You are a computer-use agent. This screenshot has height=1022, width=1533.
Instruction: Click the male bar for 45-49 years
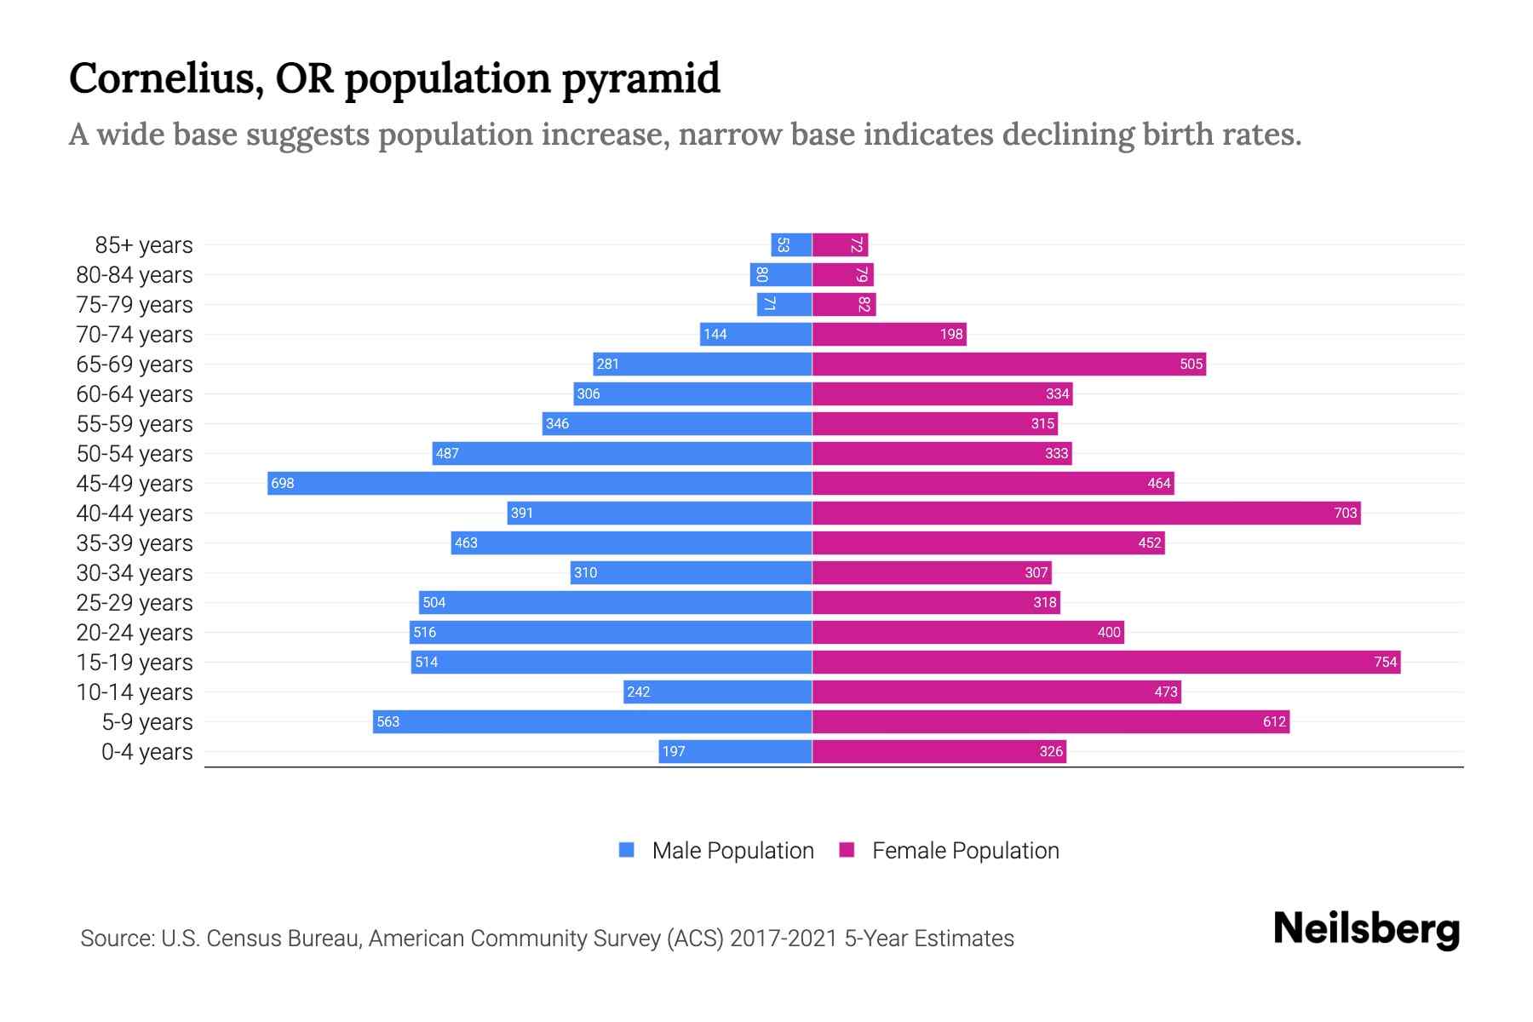[x=539, y=483]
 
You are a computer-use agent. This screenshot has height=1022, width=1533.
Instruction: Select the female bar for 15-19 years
[x=1105, y=662]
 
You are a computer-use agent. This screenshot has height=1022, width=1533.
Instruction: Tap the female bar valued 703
[x=1086, y=513]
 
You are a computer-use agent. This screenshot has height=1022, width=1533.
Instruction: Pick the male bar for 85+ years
[x=791, y=245]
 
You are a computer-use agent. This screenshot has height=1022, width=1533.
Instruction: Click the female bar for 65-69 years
[x=1008, y=364]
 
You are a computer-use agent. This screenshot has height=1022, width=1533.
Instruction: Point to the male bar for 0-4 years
[x=735, y=751]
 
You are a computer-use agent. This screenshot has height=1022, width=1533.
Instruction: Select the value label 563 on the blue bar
[x=388, y=721]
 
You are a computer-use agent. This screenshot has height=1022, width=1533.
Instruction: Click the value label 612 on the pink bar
[x=1274, y=721]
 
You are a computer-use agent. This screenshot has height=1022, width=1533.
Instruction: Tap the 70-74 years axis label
[x=135, y=335]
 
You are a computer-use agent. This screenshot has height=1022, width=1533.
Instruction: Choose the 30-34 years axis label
[x=135, y=573]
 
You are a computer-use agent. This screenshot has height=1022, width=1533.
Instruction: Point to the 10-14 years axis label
[x=135, y=692]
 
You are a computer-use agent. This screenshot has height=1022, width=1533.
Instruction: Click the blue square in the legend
[x=627, y=850]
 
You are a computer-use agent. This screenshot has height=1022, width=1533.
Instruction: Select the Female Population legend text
[x=965, y=851]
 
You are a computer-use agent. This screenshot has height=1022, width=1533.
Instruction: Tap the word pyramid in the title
[x=640, y=79]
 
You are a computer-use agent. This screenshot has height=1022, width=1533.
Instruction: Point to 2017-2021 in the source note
[x=784, y=939]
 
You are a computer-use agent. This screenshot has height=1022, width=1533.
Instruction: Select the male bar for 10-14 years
[x=717, y=692]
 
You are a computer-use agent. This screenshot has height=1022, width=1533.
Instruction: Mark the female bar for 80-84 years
[x=842, y=275]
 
